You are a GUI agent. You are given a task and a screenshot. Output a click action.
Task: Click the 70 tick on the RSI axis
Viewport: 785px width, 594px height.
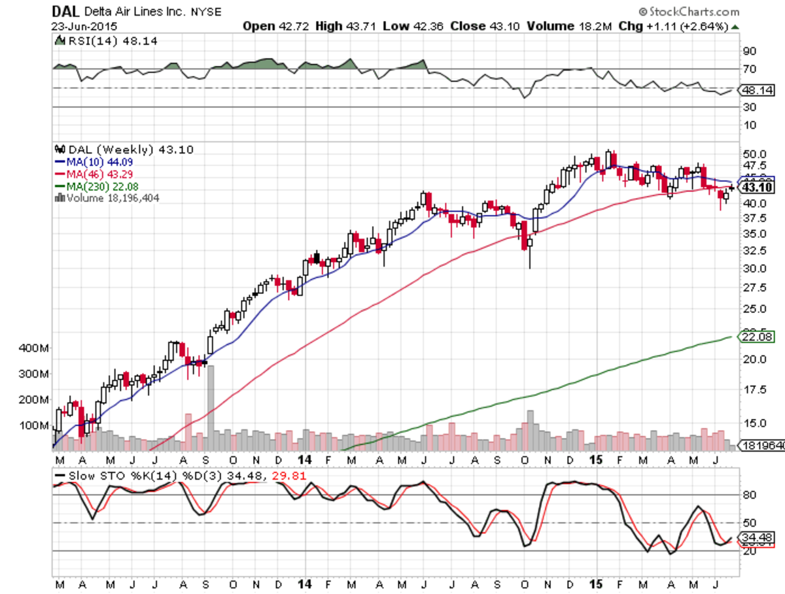(x=748, y=69)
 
